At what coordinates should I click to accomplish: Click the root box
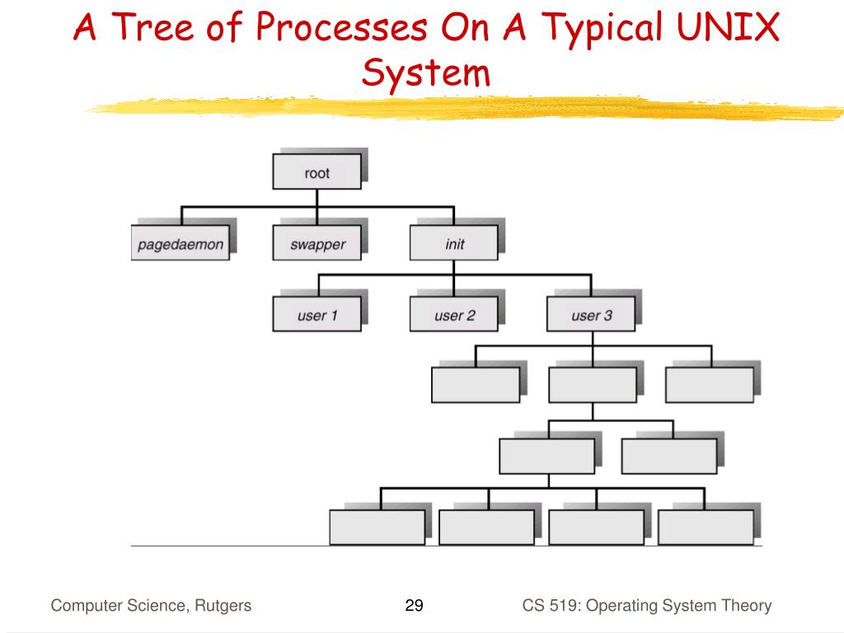point(317,171)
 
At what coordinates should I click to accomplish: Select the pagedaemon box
point(181,243)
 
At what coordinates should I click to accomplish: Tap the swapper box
point(317,243)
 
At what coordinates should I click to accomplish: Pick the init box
point(454,243)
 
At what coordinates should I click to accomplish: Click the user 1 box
point(317,314)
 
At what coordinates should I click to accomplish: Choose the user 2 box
point(454,314)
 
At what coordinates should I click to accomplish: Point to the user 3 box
point(591,314)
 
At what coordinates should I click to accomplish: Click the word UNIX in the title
point(728,27)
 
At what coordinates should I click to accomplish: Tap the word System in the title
point(426,73)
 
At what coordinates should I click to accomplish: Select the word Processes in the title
point(342,27)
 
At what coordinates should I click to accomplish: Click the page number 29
point(414,606)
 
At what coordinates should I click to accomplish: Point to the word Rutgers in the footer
point(223,606)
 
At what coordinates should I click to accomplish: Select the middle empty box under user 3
point(593,385)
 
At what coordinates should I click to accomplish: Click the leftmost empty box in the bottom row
point(377,527)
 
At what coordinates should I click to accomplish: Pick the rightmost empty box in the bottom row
point(706,527)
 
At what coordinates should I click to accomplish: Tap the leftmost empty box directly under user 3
point(476,385)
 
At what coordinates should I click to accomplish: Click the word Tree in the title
point(152,27)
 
